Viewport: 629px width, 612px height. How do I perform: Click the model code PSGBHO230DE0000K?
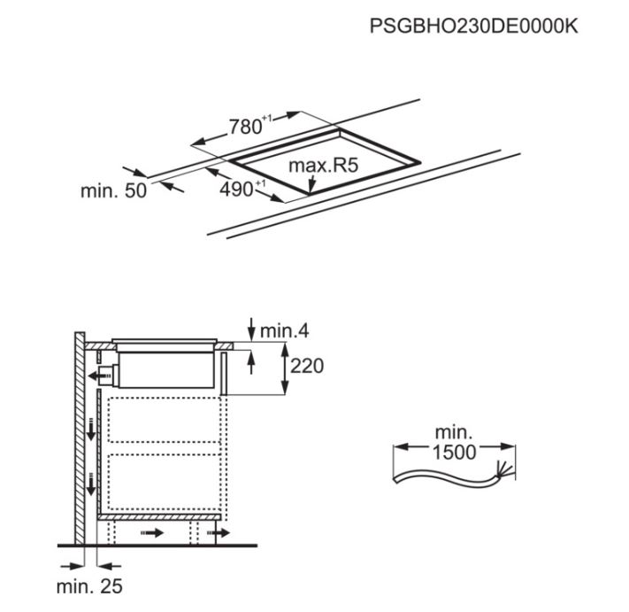click(x=473, y=27)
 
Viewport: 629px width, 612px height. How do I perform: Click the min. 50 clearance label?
click(x=113, y=190)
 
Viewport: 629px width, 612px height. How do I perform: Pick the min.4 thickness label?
click(x=285, y=331)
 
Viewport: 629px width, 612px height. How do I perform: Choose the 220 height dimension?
click(x=307, y=365)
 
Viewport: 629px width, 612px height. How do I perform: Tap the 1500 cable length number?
click(x=454, y=452)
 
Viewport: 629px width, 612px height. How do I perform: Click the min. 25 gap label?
click(x=89, y=586)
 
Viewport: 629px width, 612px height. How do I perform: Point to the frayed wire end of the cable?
click(x=505, y=473)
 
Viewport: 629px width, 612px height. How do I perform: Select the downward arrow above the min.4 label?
click(x=252, y=326)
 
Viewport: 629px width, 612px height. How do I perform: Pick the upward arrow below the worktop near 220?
click(x=252, y=360)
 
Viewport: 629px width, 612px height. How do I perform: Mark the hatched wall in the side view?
click(x=80, y=434)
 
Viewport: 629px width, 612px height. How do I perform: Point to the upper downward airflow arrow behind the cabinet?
click(x=90, y=430)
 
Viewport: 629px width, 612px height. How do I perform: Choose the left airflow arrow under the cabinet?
click(x=151, y=533)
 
